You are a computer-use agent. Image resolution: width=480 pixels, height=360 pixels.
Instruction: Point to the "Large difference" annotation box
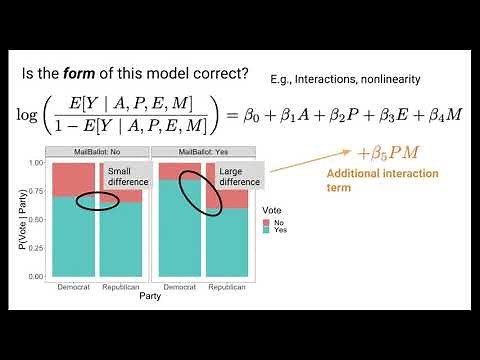(237, 176)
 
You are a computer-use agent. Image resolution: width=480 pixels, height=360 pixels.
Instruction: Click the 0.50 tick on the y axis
(36, 218)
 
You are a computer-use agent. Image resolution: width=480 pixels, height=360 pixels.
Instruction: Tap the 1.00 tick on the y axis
(36, 162)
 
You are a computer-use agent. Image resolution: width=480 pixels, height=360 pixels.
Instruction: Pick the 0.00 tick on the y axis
(36, 275)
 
